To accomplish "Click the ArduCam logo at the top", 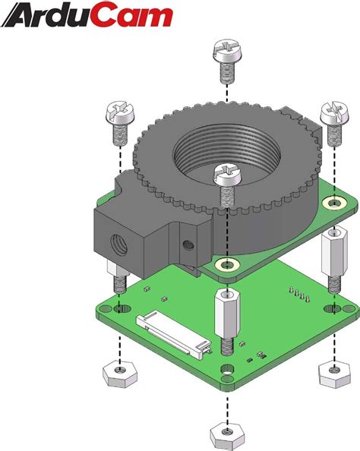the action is (87, 15).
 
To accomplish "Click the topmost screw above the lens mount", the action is (228, 61).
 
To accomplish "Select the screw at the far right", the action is (335, 124).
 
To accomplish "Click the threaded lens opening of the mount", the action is (226, 151).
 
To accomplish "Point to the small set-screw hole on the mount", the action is (188, 245).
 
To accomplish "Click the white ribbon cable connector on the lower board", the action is (174, 333).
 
